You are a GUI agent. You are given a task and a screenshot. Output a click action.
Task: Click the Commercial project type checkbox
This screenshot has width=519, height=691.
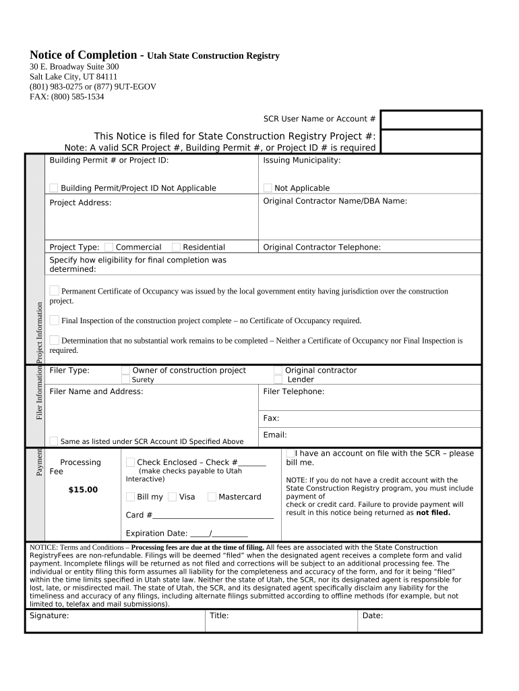109,247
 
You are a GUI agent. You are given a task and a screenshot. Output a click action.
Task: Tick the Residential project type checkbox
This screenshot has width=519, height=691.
176,247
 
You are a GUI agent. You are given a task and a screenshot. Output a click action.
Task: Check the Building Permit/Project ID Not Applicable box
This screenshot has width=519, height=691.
54,188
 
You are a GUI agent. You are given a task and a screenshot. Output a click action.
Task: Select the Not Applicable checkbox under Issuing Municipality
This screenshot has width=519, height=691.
268,188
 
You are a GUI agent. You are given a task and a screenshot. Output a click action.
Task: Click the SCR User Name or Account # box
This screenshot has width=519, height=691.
431,119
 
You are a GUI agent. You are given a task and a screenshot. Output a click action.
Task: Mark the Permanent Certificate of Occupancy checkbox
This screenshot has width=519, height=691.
55,290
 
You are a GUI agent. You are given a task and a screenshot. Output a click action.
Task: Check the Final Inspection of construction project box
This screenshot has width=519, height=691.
55,320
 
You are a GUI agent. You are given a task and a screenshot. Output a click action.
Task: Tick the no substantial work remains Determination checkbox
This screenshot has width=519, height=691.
55,340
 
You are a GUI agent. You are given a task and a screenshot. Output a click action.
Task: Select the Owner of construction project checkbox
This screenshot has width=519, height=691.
125,370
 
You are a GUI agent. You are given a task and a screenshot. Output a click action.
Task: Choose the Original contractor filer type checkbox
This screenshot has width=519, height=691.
278,370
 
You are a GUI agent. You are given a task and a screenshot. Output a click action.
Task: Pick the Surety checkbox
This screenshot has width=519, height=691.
125,379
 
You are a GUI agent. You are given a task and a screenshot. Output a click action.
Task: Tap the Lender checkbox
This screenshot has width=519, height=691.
278,379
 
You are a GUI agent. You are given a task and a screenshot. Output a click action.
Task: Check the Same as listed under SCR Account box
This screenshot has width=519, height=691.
54,441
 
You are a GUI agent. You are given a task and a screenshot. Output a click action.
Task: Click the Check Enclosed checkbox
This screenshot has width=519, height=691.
130,462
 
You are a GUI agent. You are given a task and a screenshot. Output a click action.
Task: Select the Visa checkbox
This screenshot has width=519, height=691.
172,497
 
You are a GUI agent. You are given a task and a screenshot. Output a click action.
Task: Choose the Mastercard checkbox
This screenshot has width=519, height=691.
212,497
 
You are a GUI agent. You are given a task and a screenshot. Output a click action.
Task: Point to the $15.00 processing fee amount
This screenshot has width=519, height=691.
82,490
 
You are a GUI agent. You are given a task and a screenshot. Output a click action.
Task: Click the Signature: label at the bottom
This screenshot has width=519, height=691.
49,615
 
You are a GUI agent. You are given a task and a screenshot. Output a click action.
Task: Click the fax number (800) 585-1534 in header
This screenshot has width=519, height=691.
78,96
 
